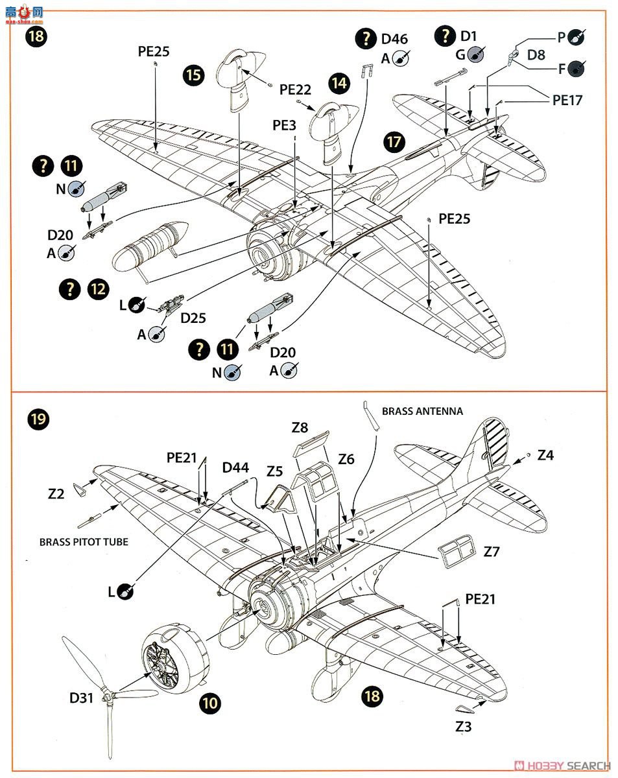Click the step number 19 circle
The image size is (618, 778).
coord(38,419)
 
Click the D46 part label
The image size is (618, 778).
coord(394,39)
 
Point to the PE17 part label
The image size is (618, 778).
coord(567,100)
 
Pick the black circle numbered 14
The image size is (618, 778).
coord(339,82)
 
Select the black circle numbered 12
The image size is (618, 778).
coord(98,289)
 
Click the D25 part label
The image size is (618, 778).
coord(193,318)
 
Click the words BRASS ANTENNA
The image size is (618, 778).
coord(422,411)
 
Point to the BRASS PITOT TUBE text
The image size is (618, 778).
coord(84,542)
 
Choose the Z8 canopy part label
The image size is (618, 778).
coord(300,427)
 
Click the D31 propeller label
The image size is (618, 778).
coord(83,698)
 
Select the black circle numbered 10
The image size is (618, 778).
coord(209,701)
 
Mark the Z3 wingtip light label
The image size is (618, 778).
coord(463,727)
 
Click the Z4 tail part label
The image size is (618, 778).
coord(545,455)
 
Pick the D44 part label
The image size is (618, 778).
coord(235,467)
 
